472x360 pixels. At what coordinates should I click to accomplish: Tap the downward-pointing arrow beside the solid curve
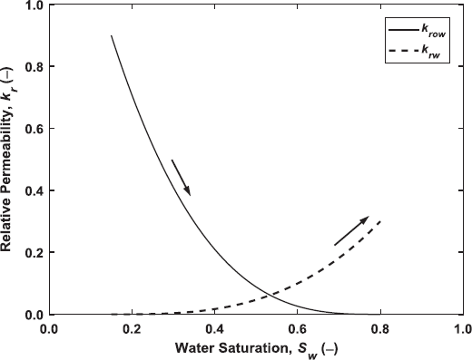(x=181, y=178)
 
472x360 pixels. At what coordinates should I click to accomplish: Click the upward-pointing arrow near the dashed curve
(x=352, y=230)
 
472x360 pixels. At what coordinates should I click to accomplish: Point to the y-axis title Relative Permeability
(x=11, y=158)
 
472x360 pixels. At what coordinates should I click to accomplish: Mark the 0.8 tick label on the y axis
(x=33, y=66)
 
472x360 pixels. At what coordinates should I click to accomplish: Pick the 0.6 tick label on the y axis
(x=33, y=128)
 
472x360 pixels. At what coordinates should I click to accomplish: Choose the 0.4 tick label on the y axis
(x=33, y=190)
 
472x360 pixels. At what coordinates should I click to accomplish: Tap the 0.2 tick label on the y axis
(x=33, y=252)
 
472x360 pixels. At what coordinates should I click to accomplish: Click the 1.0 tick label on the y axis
(x=33, y=5)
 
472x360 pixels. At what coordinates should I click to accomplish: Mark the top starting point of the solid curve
(x=111, y=35)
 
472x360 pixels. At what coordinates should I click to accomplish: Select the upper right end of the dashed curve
(x=379, y=220)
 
